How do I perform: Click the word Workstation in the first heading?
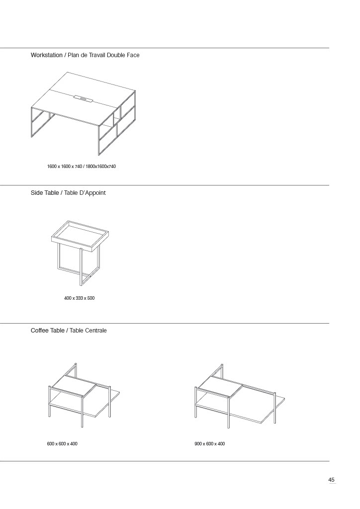[46, 55]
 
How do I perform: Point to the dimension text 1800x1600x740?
[100, 167]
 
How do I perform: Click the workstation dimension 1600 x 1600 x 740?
[65, 167]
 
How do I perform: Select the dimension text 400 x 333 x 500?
[79, 298]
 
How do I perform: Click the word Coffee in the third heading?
[40, 331]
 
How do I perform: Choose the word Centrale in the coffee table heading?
[96, 331]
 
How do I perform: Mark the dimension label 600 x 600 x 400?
[62, 444]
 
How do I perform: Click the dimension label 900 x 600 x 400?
[210, 444]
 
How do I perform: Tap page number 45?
[332, 480]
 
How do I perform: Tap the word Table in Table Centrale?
[77, 331]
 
